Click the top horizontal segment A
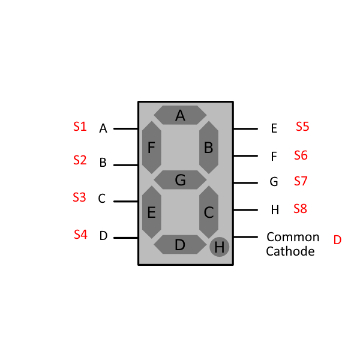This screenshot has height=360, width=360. point(180,115)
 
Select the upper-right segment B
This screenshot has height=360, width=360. point(209,147)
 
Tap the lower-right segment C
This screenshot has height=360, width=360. point(209,211)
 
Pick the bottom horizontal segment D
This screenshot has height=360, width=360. point(180,244)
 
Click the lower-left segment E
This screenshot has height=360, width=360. point(151,211)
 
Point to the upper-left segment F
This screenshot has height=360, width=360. point(151,147)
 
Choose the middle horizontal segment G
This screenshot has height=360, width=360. point(180,179)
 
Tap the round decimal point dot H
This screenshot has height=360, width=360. point(220,247)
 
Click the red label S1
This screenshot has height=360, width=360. point(80,127)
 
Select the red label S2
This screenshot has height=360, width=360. point(80,160)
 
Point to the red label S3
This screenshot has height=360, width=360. point(79,197)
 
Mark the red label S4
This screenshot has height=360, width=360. point(80,235)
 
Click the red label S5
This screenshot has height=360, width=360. point(302,127)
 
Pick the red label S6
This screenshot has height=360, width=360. point(301,155)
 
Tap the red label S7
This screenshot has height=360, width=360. point(301,181)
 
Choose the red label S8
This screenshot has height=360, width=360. point(300,209)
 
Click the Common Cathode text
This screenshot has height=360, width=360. point(292,244)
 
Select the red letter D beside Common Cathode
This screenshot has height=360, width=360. point(337,240)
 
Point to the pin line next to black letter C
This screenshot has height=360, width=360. point(125,202)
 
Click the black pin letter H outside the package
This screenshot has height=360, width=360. point(275,210)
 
